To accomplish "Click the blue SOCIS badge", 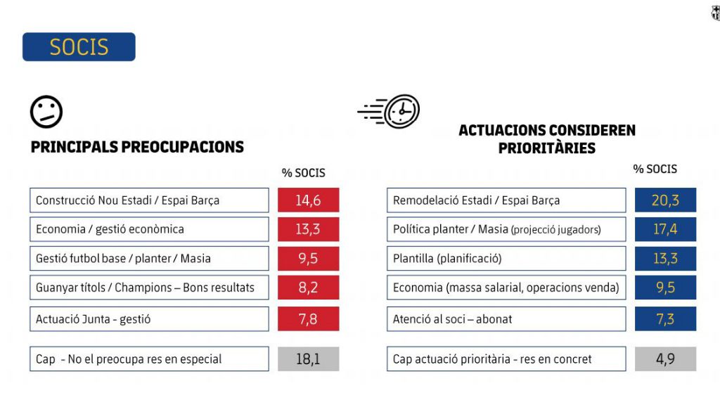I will (x=79, y=47).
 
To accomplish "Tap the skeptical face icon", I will (x=46, y=111).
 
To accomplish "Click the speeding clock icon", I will (x=391, y=111).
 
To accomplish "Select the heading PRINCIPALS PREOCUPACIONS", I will (x=137, y=147).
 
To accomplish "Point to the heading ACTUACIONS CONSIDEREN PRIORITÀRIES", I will (x=546, y=139).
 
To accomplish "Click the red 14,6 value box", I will (x=308, y=200).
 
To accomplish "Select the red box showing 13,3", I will (x=308, y=229).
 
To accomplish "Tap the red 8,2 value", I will (x=308, y=287).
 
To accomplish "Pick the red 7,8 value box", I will (x=308, y=319).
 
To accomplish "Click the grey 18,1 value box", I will (x=308, y=359).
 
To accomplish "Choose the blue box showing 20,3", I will (x=665, y=200).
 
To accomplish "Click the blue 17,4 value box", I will (x=665, y=229).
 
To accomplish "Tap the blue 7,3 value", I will (x=665, y=319).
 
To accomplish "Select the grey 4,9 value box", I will (x=665, y=359).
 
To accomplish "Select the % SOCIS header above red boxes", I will (x=304, y=173).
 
